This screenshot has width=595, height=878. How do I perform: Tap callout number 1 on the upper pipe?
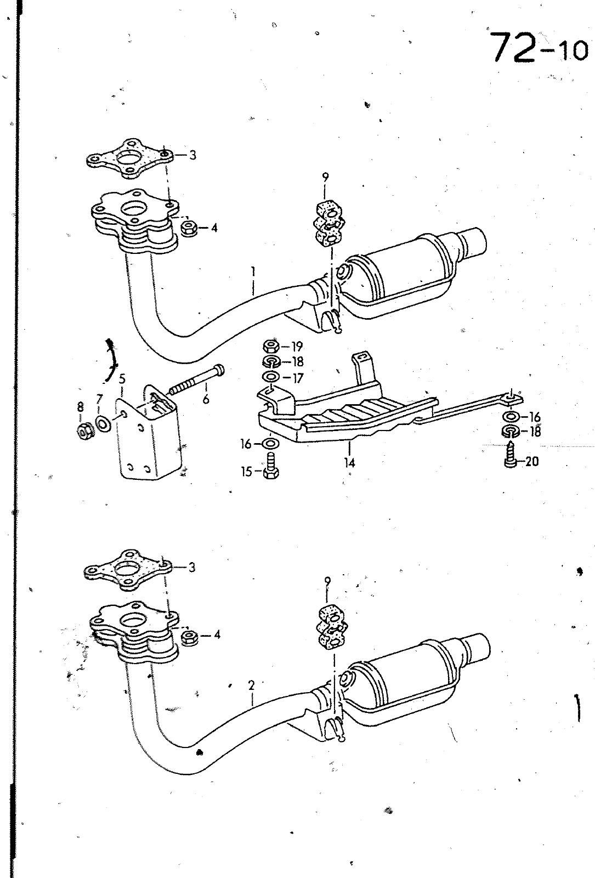coord(253,271)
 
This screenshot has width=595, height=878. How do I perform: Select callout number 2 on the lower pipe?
coord(251,685)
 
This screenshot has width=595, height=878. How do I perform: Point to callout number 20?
coord(531,462)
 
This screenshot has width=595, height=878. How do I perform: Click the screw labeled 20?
coord(510,454)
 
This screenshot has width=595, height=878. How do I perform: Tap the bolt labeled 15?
coord(270,466)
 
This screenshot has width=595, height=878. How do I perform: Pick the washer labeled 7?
coord(103,424)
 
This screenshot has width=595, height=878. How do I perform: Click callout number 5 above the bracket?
coord(122,379)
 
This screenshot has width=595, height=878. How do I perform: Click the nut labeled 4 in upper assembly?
coord(190,228)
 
